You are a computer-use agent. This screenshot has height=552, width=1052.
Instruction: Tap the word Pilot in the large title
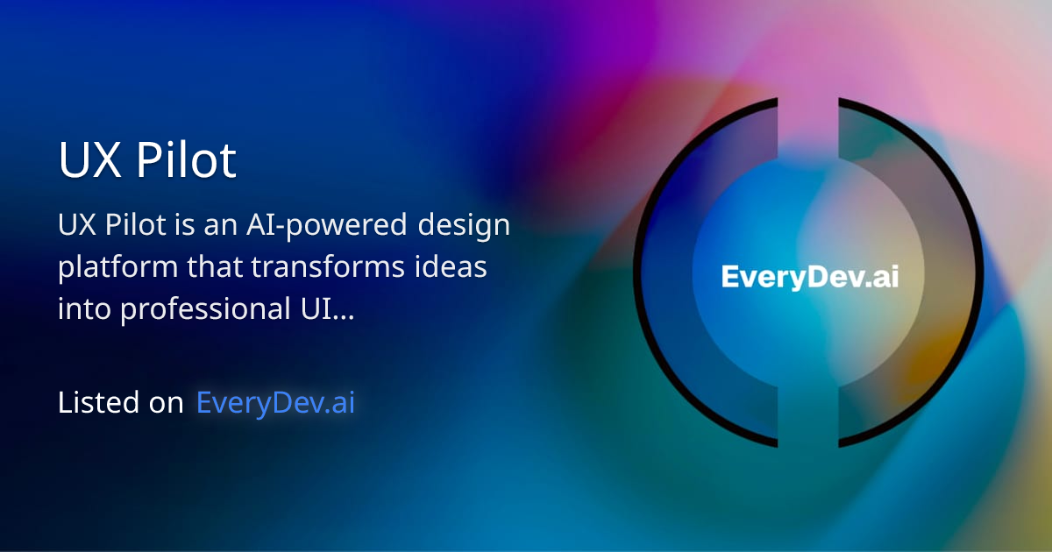[x=186, y=161]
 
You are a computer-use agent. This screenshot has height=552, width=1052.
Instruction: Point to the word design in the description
[x=464, y=225]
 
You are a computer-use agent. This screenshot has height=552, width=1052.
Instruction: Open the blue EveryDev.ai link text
[x=275, y=402]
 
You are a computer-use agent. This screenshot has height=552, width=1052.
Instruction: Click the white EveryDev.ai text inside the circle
[x=809, y=277]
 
